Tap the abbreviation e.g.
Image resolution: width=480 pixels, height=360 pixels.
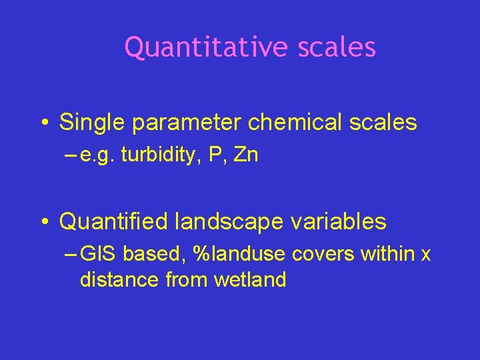[97, 157]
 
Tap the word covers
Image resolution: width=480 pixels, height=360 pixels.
[313, 254]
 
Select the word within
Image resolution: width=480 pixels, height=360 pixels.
[383, 254]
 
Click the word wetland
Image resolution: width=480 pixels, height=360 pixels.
[250, 280]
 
